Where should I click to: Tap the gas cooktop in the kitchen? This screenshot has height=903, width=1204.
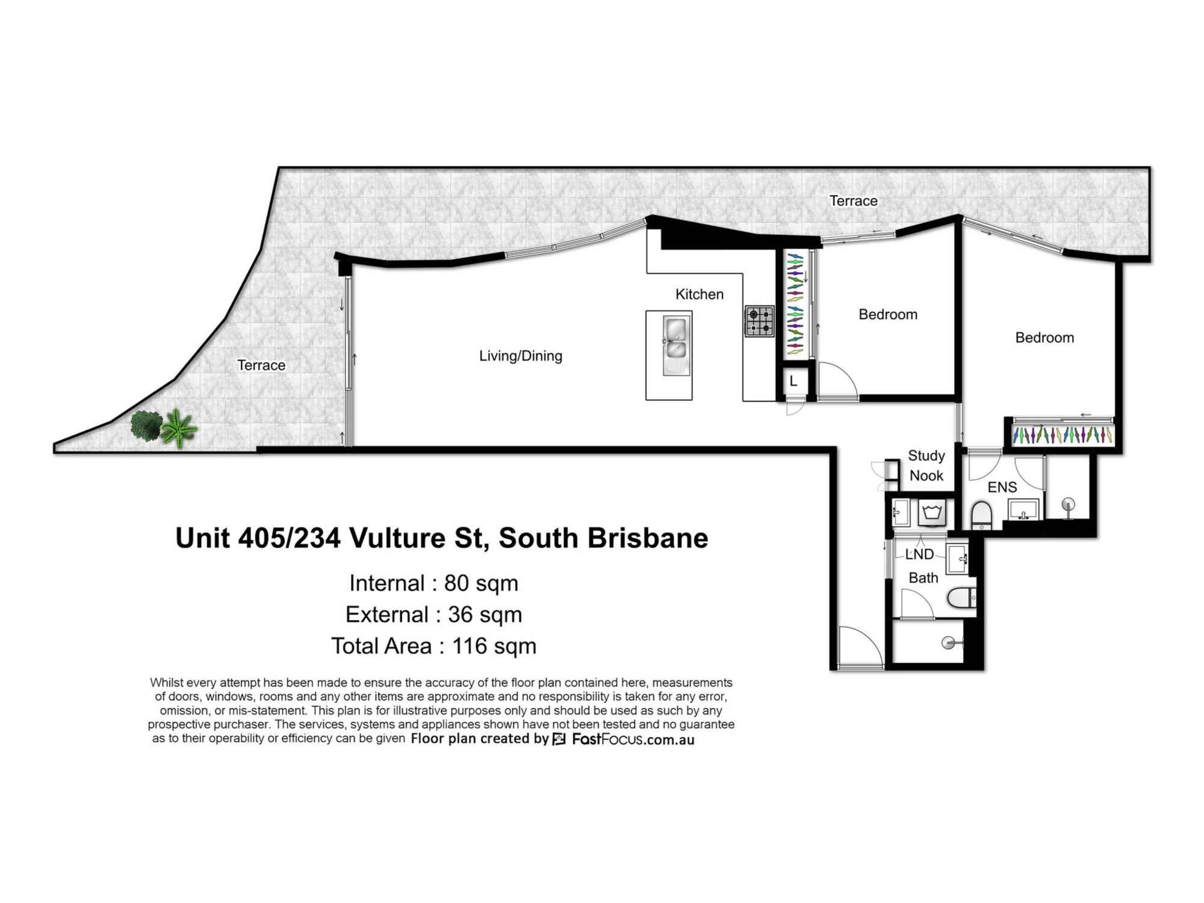[759, 321]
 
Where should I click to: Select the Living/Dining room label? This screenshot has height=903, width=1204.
[521, 356]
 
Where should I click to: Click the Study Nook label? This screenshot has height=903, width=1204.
[926, 465]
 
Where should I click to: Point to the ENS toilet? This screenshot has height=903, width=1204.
[981, 515]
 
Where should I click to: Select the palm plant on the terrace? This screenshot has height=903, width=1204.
[178, 429]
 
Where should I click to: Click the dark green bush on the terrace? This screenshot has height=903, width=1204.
[146, 425]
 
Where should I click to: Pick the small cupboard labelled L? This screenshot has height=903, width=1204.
[793, 380]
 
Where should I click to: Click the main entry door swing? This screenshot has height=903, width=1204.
[860, 648]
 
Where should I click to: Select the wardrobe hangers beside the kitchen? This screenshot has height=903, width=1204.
[795, 304]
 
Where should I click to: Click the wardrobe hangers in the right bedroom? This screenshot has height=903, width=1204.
[1063, 435]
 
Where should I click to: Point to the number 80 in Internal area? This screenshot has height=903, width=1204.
[456, 583]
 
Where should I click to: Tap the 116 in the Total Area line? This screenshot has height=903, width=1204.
[470, 646]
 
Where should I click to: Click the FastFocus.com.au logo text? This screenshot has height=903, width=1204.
[632, 739]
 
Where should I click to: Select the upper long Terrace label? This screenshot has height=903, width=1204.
[853, 201]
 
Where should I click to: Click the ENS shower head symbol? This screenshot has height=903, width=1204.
[1068, 504]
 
